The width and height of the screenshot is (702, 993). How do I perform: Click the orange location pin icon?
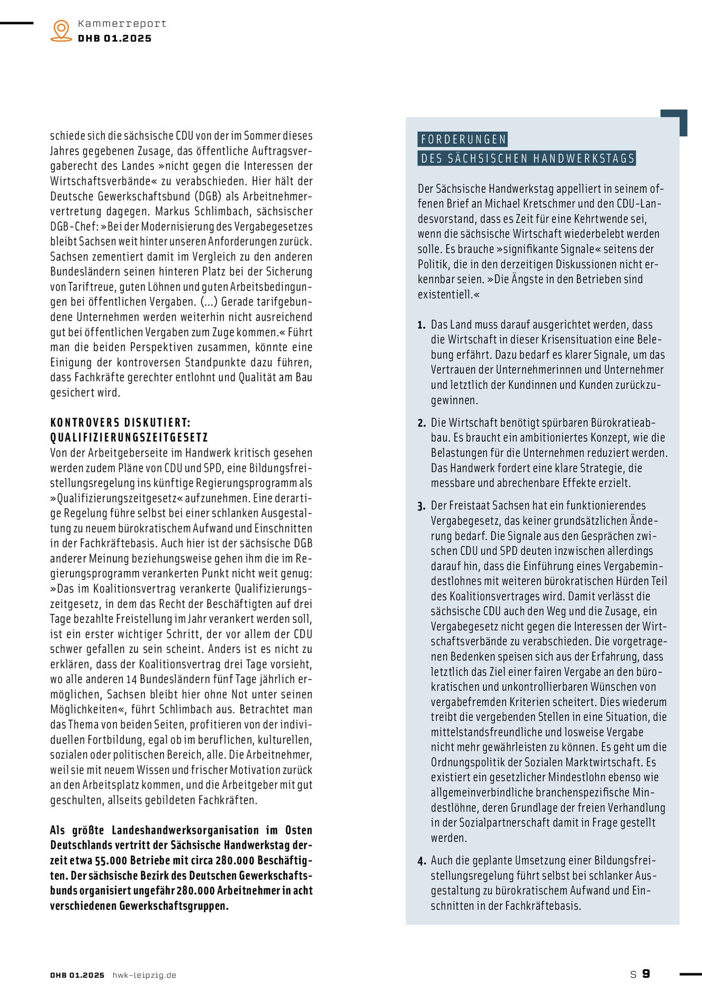tap(61, 30)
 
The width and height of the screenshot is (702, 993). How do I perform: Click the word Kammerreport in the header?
tap(122, 23)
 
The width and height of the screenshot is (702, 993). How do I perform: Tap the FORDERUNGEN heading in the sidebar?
tap(463, 139)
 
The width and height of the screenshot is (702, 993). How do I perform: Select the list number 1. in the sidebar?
tap(421, 325)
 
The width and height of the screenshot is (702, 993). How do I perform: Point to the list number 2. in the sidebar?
tap(421, 423)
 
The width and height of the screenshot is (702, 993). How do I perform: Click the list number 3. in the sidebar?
tap(421, 506)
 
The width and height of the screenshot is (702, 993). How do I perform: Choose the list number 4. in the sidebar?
tap(421, 861)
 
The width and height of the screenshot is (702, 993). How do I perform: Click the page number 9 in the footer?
tap(646, 973)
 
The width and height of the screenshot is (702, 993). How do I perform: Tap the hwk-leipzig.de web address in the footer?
tap(144, 975)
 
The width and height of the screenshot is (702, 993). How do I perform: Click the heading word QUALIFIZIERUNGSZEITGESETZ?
tap(129, 437)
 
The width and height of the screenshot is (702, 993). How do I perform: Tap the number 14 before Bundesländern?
tap(132, 679)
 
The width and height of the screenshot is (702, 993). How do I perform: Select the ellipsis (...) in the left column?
tap(209, 302)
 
